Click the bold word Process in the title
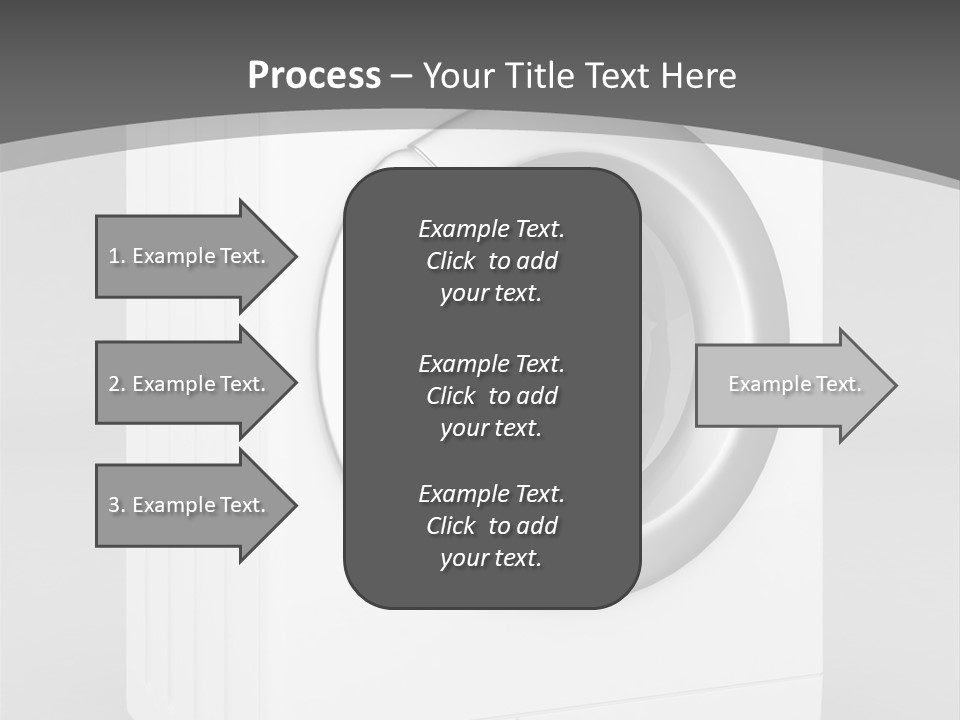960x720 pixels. point(314,76)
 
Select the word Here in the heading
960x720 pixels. point(699,76)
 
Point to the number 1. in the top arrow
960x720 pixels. point(116,256)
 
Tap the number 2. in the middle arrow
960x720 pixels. point(116,384)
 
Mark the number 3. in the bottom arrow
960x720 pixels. point(116,505)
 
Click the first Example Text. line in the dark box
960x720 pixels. point(491,229)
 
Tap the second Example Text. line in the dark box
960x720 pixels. point(491,363)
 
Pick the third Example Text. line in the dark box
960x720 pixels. point(491,494)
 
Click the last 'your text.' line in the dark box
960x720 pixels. point(491,559)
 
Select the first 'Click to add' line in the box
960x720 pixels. point(491,261)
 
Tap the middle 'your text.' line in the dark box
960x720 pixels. point(491,428)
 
